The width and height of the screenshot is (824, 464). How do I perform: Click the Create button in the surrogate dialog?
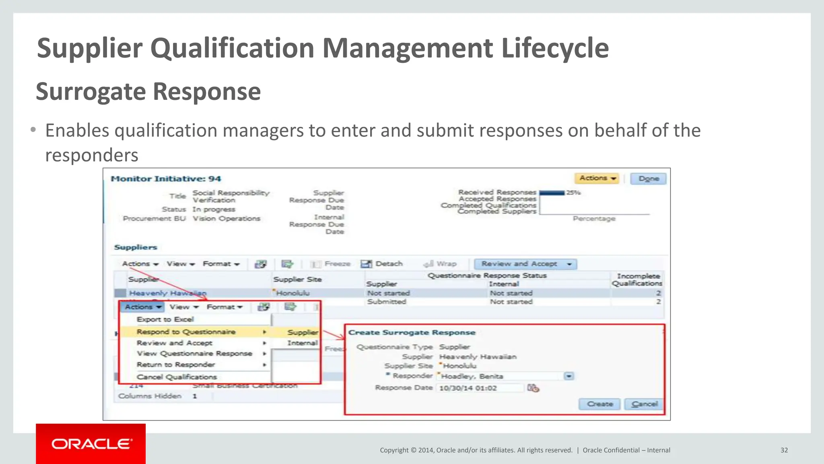599,404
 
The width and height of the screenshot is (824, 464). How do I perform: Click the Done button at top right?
648,178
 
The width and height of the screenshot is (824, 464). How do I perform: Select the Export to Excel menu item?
165,319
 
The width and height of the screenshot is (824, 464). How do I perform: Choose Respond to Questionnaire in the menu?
186,332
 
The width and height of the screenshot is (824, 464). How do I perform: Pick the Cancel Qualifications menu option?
177,377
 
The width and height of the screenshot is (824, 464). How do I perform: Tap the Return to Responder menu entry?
175,365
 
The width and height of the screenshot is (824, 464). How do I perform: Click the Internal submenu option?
302,343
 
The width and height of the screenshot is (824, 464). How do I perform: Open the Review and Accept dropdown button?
525,264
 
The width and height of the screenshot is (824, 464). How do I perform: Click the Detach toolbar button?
382,264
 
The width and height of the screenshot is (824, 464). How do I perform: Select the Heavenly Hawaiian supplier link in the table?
167,293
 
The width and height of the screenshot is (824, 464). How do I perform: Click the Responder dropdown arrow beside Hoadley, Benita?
569,376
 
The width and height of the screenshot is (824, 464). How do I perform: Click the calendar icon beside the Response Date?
533,388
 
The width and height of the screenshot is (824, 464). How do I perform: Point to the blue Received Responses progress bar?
552,193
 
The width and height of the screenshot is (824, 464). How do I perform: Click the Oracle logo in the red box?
91,444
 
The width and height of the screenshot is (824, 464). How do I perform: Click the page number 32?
784,450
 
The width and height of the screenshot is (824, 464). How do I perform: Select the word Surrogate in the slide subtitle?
91,92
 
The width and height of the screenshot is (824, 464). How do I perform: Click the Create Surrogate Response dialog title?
412,333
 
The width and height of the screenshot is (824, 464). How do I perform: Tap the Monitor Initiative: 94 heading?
166,179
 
